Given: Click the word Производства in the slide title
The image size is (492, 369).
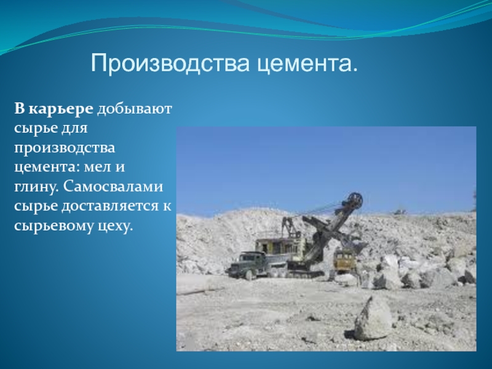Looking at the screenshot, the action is (x=170, y=63).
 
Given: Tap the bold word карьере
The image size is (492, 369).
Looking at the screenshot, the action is (x=61, y=109).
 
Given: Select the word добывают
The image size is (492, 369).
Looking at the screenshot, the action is (x=135, y=109).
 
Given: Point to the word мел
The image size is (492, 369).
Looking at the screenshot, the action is (x=98, y=167).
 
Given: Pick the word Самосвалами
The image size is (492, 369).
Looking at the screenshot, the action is (x=113, y=186).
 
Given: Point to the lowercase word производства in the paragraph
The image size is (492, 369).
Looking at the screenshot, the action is (x=65, y=148).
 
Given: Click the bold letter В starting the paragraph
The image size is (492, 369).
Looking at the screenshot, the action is (x=20, y=109).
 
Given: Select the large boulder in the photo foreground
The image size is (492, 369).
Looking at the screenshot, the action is (x=373, y=318).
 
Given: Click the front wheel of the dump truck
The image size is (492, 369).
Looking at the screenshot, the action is (x=249, y=275).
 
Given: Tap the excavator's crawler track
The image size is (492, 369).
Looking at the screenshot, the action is (x=305, y=274).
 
